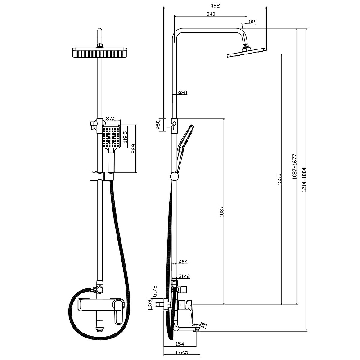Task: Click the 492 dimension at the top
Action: pos(214,6)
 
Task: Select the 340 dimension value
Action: pos(211,14)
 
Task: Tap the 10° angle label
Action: pos(251,22)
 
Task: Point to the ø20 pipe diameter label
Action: pos(182,93)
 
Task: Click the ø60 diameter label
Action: pos(158,125)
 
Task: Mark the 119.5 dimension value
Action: pos(126,136)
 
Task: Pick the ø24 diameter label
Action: pos(182,261)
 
